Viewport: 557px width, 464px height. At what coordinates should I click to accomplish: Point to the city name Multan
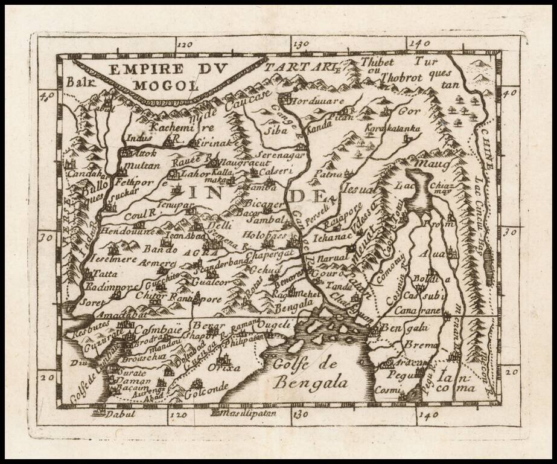142,166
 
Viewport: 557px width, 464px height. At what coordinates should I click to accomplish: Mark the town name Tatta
105,274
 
